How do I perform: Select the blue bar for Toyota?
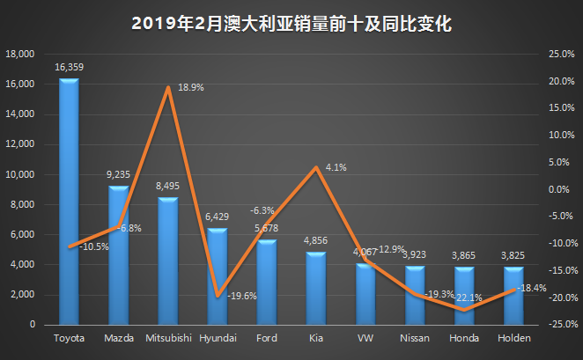click(x=69, y=202)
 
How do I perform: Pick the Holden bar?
click(x=513, y=296)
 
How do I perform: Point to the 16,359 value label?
click(x=69, y=66)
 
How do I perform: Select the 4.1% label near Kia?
click(x=336, y=167)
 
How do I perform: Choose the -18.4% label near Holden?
click(x=532, y=287)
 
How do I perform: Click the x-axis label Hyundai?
click(x=217, y=338)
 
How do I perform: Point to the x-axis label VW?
click(x=365, y=338)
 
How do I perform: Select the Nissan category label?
click(x=414, y=338)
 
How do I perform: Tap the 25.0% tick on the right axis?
click(x=561, y=54)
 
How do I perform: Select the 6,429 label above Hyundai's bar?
click(x=217, y=217)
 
